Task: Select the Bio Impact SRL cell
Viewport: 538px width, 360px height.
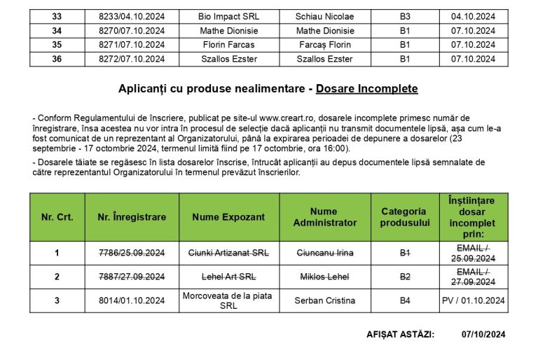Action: (228, 16)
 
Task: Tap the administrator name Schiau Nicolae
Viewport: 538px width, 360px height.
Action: (324, 16)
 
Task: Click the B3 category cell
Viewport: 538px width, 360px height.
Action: (405, 16)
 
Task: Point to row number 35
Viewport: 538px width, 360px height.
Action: (57, 45)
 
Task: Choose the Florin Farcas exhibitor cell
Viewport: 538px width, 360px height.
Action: (228, 45)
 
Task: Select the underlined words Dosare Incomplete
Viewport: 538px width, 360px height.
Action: (366, 89)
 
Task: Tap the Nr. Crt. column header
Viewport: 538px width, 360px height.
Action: (57, 217)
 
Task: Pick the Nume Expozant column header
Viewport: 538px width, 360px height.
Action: (228, 217)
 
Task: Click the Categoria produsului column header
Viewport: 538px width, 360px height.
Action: (405, 217)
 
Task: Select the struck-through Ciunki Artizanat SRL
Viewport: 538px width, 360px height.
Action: (228, 253)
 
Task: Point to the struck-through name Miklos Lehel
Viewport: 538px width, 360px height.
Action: (324, 277)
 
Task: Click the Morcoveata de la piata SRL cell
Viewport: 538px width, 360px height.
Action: (228, 300)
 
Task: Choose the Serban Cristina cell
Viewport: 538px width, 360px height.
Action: (324, 300)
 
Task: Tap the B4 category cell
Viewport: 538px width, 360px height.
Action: (405, 300)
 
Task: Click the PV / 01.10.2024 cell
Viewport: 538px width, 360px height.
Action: (474, 300)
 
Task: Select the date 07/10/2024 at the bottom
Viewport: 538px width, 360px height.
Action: (484, 335)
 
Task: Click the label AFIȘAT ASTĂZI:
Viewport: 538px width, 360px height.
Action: (400, 335)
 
